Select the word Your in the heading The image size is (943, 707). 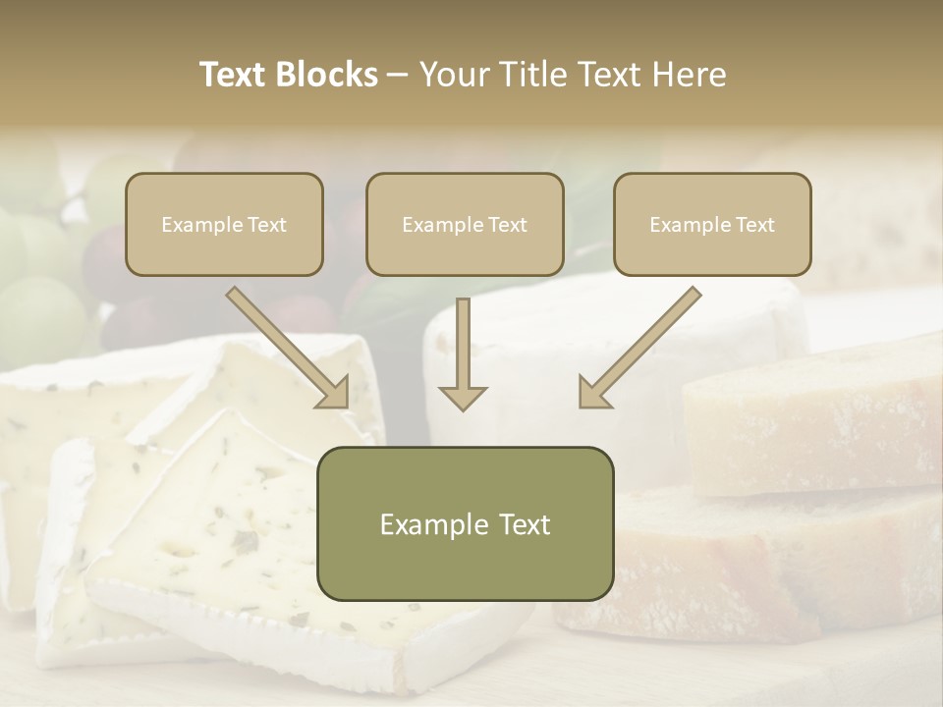pos(453,75)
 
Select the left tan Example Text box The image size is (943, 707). pos(224,224)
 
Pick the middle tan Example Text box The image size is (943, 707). pos(465,224)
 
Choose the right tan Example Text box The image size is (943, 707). pos(712,224)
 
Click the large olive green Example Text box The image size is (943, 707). pos(465,523)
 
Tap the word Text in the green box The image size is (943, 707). pos(523,524)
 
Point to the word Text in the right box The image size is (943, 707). pos(754,225)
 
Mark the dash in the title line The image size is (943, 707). pos(398,76)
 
